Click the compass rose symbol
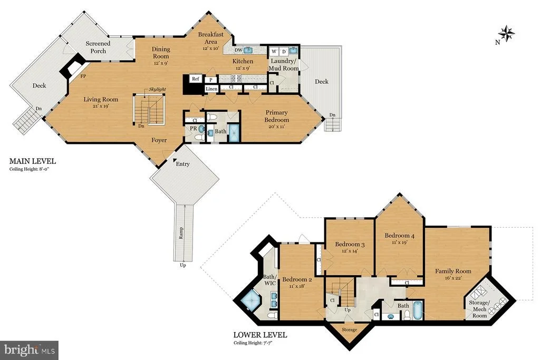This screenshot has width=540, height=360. pos(507,33)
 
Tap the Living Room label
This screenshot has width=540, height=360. pos(101,100)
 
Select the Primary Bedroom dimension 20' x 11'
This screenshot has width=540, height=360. pos(276,127)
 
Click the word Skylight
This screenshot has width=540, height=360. pos(157,89)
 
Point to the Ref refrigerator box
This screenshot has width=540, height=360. pos(196,79)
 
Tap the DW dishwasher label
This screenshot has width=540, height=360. pos(238,50)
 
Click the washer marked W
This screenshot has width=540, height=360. pos(274,52)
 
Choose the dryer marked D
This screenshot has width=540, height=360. pos(284,52)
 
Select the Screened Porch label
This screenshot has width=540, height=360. pos(98,47)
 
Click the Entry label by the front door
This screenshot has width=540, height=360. pos(182,164)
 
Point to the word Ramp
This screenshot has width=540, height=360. pos(181,233)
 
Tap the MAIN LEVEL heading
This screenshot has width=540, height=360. pos(32,161)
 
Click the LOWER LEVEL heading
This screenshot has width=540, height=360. pos(260,335)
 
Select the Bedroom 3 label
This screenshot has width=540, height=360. pos(350,245)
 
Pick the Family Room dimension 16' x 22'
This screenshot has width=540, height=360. pos(453,278)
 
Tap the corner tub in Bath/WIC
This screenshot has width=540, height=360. pos(250,301)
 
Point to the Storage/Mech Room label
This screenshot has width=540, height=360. pos(479,309)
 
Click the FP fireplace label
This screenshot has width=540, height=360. pos(83,76)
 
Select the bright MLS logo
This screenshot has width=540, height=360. pos(30,351)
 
